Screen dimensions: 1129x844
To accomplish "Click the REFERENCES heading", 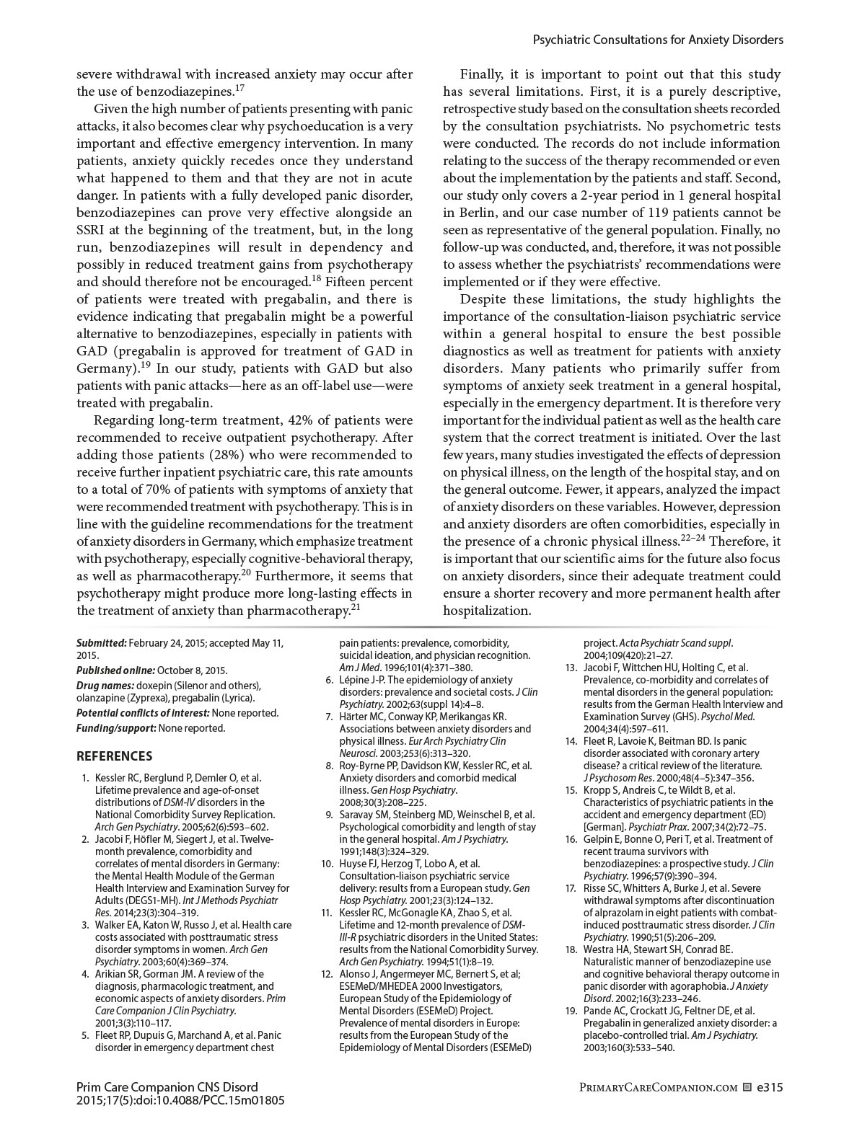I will pyautogui.click(x=114, y=756).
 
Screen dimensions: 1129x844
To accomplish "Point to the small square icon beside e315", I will pyautogui.click(x=747, y=1087).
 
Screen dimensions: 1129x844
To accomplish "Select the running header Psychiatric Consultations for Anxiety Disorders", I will pyautogui.click(x=657, y=40).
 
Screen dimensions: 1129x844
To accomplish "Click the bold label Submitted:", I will pyautogui.click(x=102, y=643).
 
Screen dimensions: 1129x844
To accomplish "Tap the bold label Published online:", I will pyautogui.click(x=115, y=670).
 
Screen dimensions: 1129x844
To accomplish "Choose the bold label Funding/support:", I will pyautogui.click(x=116, y=728).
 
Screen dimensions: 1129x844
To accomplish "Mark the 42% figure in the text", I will pyautogui.click(x=301, y=420).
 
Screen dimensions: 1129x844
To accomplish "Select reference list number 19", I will pyautogui.click(x=571, y=1011).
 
